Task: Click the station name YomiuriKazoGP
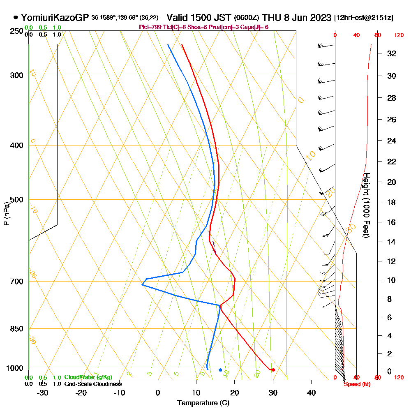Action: coord(55,18)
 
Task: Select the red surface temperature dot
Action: coord(273,370)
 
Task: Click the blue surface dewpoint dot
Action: coord(221,370)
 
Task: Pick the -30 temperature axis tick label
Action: coord(43,393)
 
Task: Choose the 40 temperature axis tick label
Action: coord(312,393)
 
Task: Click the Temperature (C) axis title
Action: coord(203,403)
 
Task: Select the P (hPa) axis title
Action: coord(6,214)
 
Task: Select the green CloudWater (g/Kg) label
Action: coord(88,377)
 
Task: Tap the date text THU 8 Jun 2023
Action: coord(296,18)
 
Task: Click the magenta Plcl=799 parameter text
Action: coord(151,27)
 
